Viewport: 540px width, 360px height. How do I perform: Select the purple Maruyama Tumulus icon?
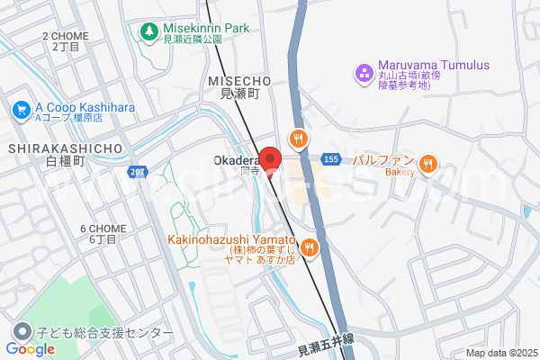pos(364,71)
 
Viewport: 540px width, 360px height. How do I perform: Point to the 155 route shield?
pos(330,158)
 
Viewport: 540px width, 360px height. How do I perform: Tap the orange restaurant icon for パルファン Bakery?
pos(428,164)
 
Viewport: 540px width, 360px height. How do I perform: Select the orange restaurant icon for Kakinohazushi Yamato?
pos(309,247)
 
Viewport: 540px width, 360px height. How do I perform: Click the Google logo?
pos(31,349)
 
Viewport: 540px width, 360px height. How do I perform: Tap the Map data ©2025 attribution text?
pos(499,353)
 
